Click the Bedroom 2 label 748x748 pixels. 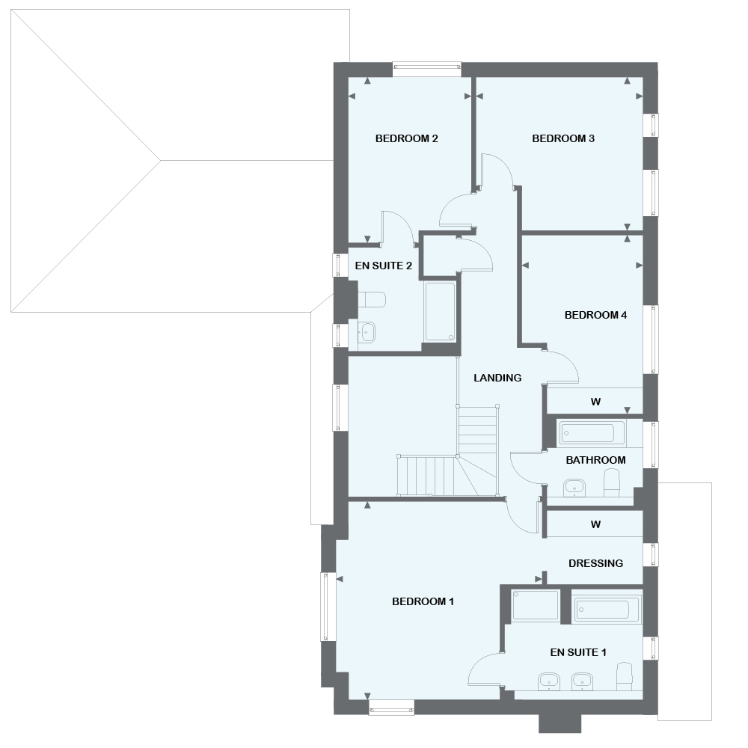[406, 138]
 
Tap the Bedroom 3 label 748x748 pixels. [563, 138]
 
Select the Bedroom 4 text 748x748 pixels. [595, 315]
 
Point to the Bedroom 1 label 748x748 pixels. [423, 601]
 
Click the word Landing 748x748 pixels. [497, 378]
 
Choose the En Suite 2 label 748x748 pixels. [383, 266]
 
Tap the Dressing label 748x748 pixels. [595, 563]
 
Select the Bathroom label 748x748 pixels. [595, 460]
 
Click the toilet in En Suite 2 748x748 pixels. [372, 300]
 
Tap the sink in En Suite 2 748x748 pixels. [367, 332]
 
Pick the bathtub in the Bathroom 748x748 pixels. [592, 433]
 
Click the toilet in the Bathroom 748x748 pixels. [613, 482]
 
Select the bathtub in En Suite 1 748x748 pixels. [607, 609]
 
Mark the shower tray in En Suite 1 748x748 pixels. [536, 605]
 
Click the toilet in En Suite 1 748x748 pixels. [623, 676]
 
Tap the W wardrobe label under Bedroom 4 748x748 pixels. [595, 402]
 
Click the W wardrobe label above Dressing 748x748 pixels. [595, 524]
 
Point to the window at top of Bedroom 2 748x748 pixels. [427, 69]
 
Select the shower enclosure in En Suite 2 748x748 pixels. [439, 312]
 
